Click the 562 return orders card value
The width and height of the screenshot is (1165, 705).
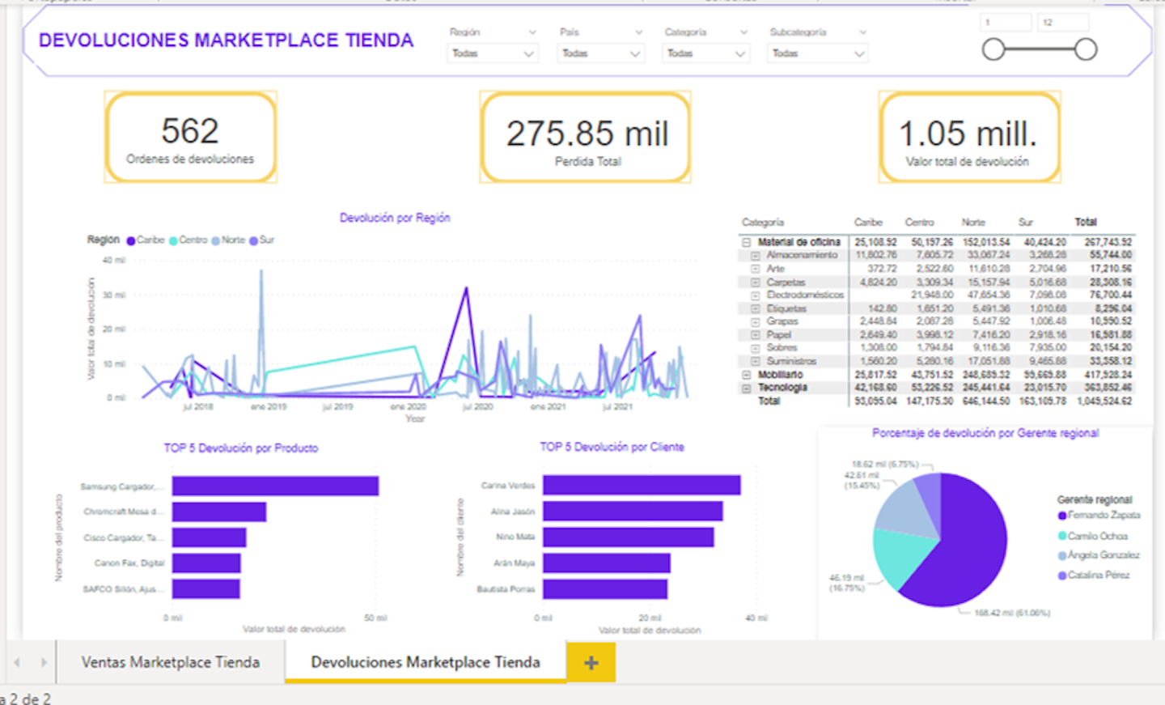coord(189,131)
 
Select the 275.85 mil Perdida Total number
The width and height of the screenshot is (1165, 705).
coord(587,134)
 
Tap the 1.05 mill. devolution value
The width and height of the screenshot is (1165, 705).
coord(968,134)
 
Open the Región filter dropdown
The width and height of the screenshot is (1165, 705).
coord(493,53)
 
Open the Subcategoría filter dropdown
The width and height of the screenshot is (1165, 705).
coord(817,53)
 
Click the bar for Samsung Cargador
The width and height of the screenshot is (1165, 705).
coord(275,486)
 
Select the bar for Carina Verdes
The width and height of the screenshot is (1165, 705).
coord(641,485)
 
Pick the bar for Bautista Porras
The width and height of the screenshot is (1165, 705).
coord(604,588)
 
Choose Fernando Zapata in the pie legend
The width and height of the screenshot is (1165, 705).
coord(1102,515)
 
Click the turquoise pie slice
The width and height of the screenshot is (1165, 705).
coord(904,556)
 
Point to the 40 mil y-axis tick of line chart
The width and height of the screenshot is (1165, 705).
coord(113,260)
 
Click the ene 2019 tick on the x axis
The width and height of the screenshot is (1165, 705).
coord(269,406)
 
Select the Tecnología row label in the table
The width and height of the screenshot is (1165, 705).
coord(782,388)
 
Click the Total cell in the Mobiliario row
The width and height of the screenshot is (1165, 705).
coord(1108,375)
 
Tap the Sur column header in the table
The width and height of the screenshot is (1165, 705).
coord(1025,222)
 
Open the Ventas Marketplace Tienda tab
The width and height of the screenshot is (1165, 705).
coord(170,662)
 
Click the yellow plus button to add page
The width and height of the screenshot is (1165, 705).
coord(591,663)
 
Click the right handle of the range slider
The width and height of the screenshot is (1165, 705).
coord(1086,49)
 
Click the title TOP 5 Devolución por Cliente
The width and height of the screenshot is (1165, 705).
coord(612,447)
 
